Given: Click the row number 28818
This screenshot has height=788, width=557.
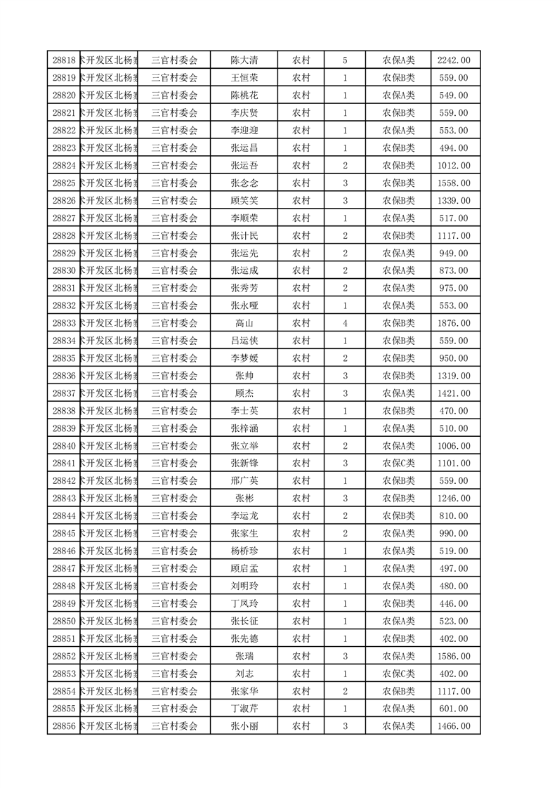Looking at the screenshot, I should [63, 60].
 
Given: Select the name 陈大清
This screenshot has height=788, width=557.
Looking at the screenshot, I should [244, 60].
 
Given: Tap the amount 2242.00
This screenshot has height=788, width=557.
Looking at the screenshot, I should [454, 60].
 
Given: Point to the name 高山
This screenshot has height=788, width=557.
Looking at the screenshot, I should [244, 323].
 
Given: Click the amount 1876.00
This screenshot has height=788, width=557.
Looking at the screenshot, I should [454, 323].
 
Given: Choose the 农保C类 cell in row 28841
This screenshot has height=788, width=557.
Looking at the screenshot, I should [398, 464].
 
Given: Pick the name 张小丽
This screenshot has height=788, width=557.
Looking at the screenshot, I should [244, 726].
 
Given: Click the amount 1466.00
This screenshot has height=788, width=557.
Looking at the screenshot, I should [454, 726].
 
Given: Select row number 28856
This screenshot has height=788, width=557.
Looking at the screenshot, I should [63, 726].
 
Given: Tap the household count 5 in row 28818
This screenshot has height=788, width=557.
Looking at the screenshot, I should [345, 60].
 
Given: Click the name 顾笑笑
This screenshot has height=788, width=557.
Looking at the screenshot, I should [244, 201].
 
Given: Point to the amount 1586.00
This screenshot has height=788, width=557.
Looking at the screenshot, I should [454, 656].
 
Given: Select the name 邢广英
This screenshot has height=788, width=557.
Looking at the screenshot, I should [244, 481].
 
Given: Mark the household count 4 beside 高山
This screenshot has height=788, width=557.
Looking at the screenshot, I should [345, 323].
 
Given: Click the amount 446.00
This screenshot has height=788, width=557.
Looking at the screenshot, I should [454, 603].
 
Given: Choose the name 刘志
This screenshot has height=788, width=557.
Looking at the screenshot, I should [244, 674].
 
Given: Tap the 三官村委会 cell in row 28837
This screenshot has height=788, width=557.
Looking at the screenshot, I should [175, 393].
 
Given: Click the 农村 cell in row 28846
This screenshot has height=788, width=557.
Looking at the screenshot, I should [301, 551].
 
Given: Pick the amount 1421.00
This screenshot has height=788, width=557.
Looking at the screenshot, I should [454, 393].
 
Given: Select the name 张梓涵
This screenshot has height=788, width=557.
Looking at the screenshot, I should [244, 428].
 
